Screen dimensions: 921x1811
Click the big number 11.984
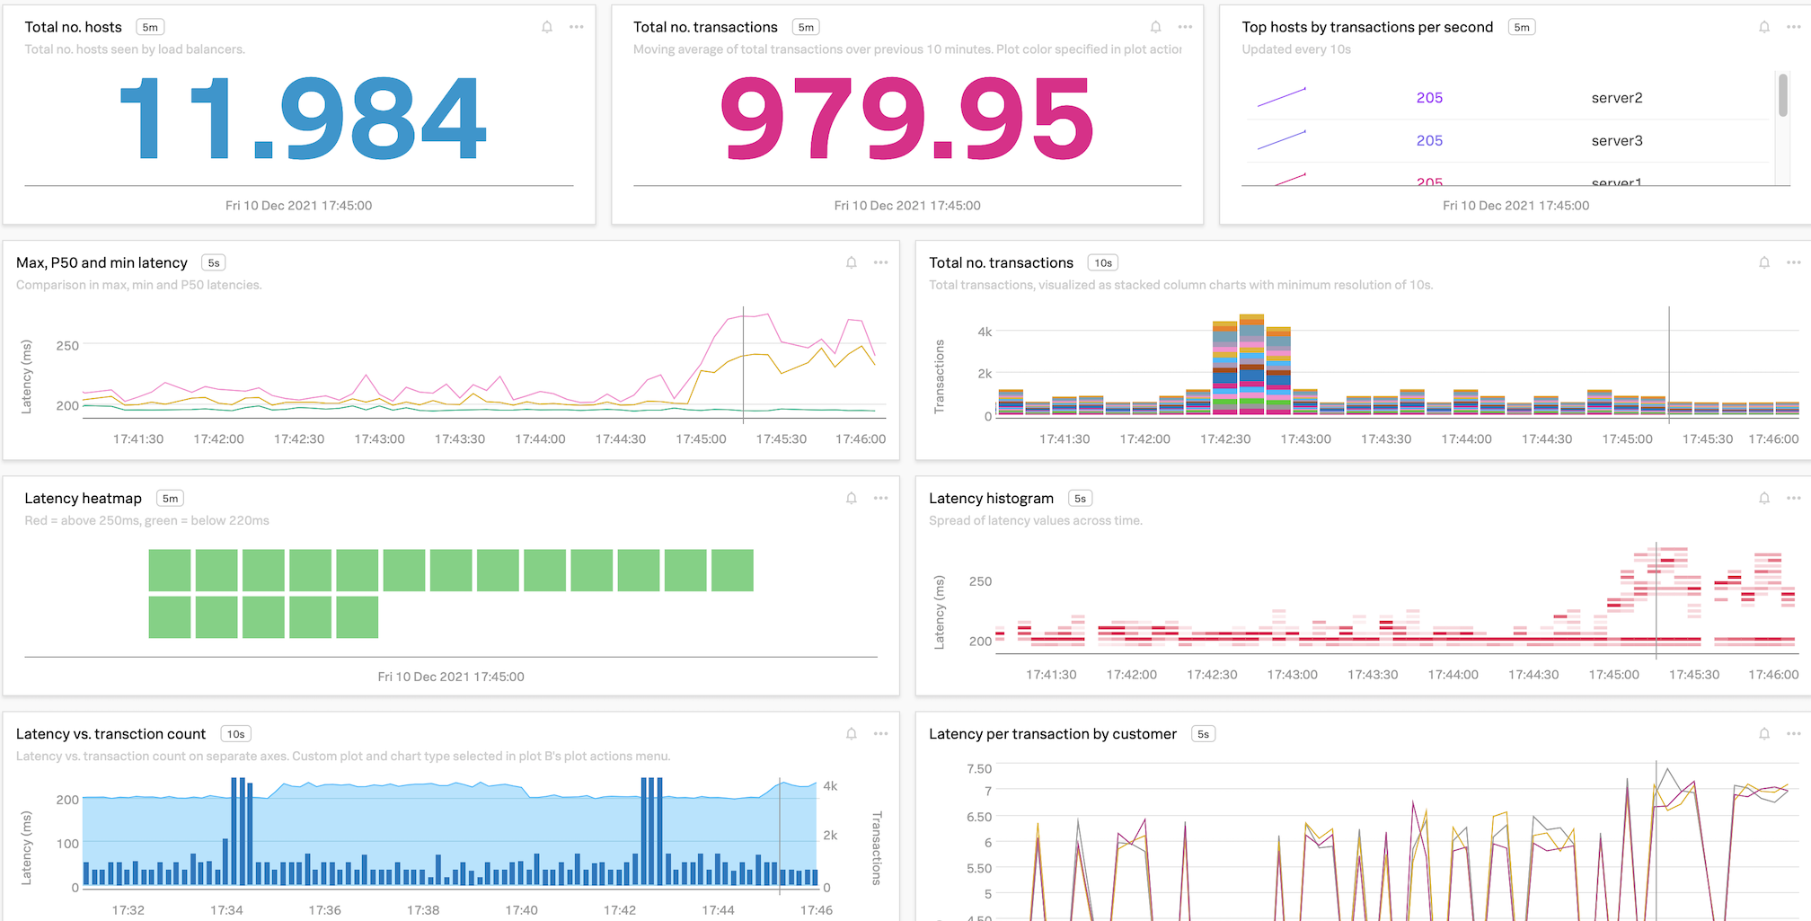[x=303, y=118]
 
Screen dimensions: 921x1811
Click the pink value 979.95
[x=907, y=118]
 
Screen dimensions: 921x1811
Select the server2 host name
[x=1616, y=98]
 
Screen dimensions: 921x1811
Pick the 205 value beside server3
[x=1429, y=141]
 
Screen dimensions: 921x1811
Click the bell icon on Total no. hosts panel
[x=547, y=27]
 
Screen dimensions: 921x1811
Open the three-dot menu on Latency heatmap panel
[x=880, y=498]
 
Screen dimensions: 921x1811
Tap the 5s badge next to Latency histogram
[x=1080, y=499]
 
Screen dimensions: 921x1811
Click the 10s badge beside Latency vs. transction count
[x=235, y=734]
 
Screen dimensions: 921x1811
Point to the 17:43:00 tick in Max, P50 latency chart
[x=379, y=439]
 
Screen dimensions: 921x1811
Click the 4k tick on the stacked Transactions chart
[x=985, y=332]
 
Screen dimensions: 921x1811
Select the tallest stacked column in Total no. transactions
[x=1251, y=364]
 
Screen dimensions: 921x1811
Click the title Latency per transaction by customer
[x=1052, y=734]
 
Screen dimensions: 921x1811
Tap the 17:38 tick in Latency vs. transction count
[x=423, y=910]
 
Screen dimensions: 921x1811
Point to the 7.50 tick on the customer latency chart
[x=978, y=768]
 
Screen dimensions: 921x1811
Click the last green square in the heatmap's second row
[x=358, y=617]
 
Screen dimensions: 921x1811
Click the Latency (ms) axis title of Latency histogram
[x=940, y=612]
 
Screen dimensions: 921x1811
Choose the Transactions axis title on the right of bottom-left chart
[x=877, y=848]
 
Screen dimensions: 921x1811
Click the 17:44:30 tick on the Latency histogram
[x=1533, y=675]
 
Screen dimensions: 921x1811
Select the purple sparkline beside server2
[x=1282, y=97]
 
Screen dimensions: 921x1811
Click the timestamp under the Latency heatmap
[x=450, y=677]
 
